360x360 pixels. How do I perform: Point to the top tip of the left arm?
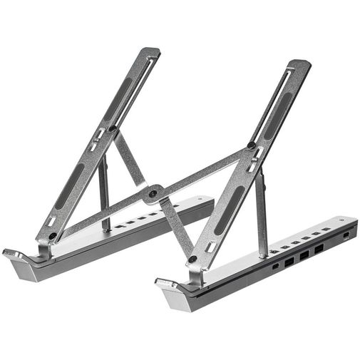[151, 51]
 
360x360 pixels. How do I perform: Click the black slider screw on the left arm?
[111, 130]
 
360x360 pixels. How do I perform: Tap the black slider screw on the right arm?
[251, 146]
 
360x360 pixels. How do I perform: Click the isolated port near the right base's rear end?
[347, 236]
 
